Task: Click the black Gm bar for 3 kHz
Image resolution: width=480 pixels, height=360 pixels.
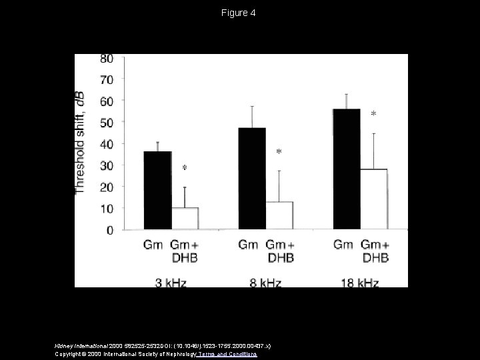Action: (157, 191)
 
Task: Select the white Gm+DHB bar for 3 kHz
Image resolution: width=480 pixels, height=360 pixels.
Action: (185, 219)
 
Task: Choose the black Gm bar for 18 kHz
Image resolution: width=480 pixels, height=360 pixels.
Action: (347, 169)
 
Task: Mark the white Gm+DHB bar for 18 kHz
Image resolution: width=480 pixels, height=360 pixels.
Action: (373, 199)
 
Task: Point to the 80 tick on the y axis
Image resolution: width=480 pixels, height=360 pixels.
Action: (107, 58)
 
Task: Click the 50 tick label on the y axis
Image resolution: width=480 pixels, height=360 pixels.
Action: (107, 123)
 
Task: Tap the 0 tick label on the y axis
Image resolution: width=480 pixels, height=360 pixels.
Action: (110, 230)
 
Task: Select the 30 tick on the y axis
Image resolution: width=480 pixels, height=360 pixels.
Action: (107, 165)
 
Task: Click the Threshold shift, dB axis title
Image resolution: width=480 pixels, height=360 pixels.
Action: (81, 143)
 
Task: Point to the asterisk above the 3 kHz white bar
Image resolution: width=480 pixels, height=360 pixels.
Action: (185, 167)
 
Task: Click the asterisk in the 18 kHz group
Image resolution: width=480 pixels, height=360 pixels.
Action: (373, 115)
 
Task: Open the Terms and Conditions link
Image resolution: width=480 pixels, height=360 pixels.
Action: (226, 354)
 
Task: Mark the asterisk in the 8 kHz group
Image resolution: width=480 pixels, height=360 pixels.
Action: (279, 153)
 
